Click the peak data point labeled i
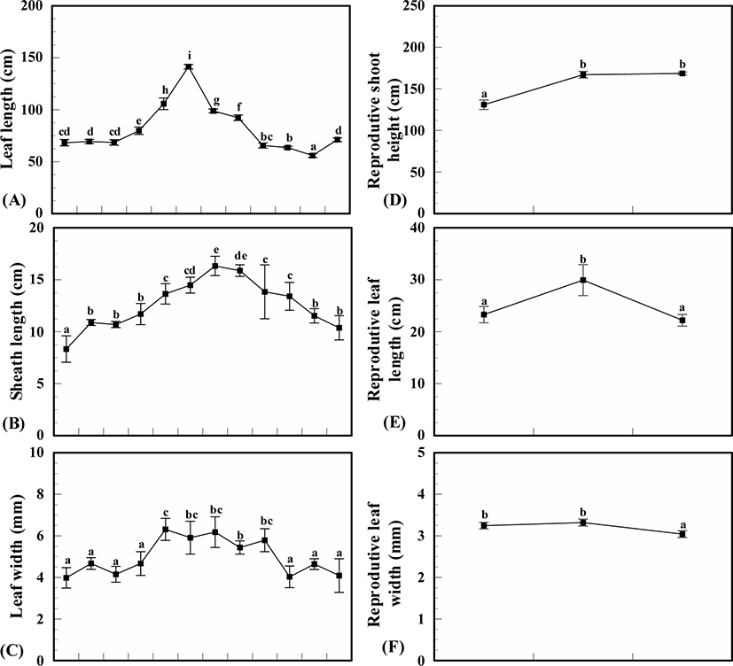189,66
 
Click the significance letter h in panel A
164,89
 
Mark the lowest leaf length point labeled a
313,155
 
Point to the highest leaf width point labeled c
165,530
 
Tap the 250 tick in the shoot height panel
415,6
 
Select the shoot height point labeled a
484,105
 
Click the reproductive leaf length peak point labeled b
583,280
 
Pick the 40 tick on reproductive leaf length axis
418,228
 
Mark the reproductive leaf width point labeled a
682,534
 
